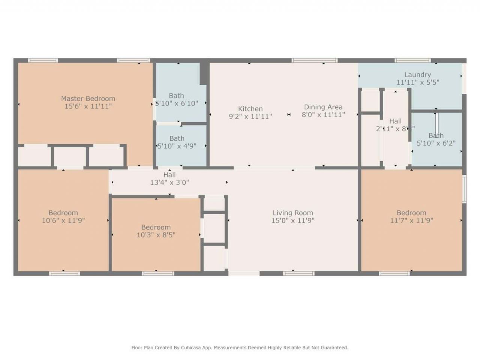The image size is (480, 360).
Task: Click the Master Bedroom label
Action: click(x=88, y=99)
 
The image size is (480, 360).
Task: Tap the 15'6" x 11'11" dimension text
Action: click(x=88, y=106)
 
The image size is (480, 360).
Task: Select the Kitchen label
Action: click(x=250, y=109)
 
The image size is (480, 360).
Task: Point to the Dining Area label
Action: click(x=323, y=107)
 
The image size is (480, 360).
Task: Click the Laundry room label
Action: click(x=417, y=75)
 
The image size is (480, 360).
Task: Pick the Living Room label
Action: click(x=292, y=213)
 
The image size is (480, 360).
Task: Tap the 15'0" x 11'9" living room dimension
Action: click(x=292, y=221)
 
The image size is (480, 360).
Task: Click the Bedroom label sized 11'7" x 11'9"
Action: click(x=411, y=213)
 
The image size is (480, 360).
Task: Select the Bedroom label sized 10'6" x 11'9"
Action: click(x=63, y=213)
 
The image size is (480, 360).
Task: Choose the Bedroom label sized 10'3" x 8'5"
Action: click(x=156, y=227)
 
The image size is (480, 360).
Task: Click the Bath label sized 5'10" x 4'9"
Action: click(x=177, y=138)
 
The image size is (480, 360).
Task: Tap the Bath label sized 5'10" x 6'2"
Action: click(x=436, y=135)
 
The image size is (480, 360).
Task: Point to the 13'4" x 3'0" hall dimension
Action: click(x=169, y=183)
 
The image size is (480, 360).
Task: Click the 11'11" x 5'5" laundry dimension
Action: click(x=417, y=82)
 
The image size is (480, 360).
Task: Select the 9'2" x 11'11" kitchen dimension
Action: click(x=250, y=117)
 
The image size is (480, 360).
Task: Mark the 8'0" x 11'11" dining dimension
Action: click(x=323, y=115)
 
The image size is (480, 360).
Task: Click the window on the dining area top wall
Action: click(x=314, y=60)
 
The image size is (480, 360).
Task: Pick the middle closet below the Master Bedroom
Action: click(x=69, y=156)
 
